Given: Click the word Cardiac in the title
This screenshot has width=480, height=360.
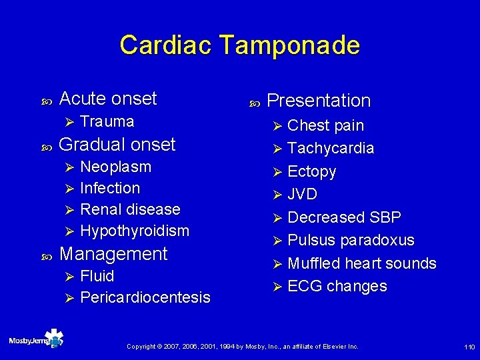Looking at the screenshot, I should pos(165,45).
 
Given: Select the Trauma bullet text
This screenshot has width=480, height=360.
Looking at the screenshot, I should pos(107,121).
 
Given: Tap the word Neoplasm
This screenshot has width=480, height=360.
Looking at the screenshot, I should pos(115,167).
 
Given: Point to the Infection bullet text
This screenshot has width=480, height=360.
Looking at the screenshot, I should pos(110,188).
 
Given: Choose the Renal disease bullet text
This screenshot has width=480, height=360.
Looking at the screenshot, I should pos(130,209).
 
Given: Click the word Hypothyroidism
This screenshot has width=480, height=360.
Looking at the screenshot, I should pos(135,231).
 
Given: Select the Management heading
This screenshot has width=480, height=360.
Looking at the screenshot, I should pos(113,254).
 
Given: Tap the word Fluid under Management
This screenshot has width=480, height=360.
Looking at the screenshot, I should pos(97,276).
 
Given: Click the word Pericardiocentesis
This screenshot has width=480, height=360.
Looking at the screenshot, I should pos(145,297).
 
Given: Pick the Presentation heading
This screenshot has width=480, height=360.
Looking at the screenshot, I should pos(319,101).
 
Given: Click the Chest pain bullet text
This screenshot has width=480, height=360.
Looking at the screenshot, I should pos(325,125).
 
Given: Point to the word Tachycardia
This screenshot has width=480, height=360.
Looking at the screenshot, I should pos(331,148).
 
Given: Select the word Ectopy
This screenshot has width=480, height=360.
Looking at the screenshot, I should pos(311,171).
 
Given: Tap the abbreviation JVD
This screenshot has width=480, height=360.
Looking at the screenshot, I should pos(302,195).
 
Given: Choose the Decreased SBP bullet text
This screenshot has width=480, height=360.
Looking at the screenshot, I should pos(344,217).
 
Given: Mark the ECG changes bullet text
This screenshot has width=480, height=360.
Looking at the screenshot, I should pos(337,286).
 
